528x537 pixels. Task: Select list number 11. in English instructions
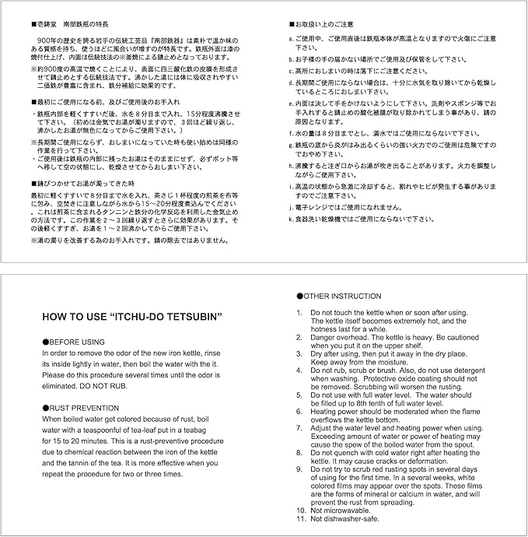(302, 519)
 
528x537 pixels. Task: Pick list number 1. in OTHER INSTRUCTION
(300, 312)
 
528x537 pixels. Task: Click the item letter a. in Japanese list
(290, 38)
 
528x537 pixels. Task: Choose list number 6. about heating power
(300, 410)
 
